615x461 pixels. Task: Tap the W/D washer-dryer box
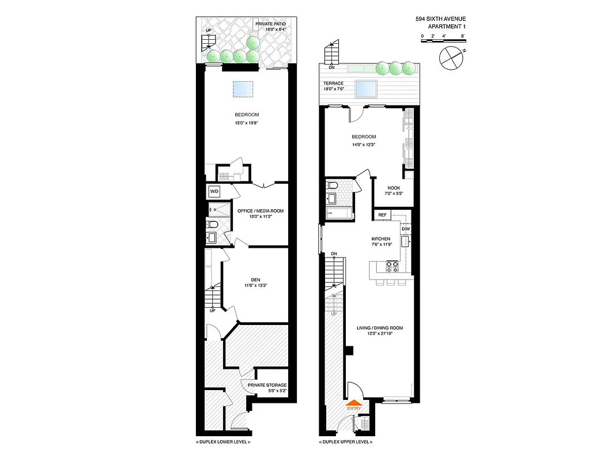[x=214, y=191]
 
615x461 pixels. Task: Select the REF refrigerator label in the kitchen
[x=382, y=215]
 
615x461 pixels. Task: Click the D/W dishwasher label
[x=405, y=229]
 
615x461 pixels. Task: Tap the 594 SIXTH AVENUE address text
[x=440, y=18]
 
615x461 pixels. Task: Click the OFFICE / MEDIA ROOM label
[x=261, y=211]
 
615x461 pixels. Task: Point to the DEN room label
[x=255, y=279]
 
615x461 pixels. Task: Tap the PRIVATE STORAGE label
[x=267, y=385]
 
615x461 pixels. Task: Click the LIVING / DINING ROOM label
[x=379, y=328]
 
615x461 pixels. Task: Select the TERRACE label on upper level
[x=333, y=84]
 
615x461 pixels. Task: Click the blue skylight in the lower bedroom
[x=243, y=89]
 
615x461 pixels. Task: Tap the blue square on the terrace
[x=367, y=89]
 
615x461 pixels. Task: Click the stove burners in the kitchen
[x=391, y=266]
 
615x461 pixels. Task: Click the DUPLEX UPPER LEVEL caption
[x=345, y=442]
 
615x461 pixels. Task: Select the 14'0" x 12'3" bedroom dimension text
[x=364, y=144]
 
